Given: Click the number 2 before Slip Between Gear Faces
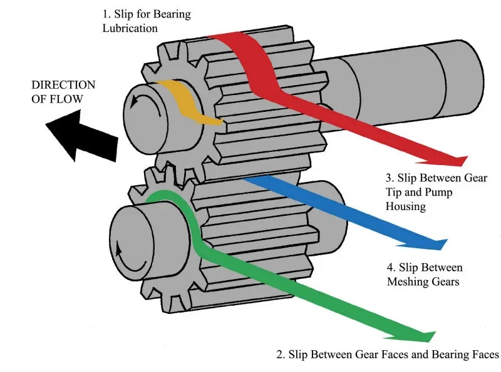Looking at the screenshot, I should (x=279, y=354).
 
